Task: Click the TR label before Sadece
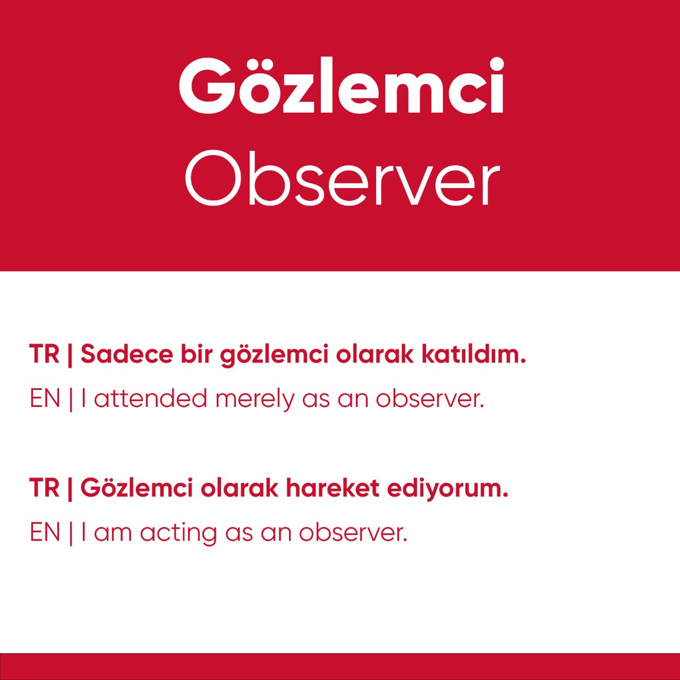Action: tap(44, 355)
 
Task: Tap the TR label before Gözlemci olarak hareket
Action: tap(44, 488)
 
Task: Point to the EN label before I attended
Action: tap(45, 399)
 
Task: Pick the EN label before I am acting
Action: tap(45, 533)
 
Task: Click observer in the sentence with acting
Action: tap(352, 533)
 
